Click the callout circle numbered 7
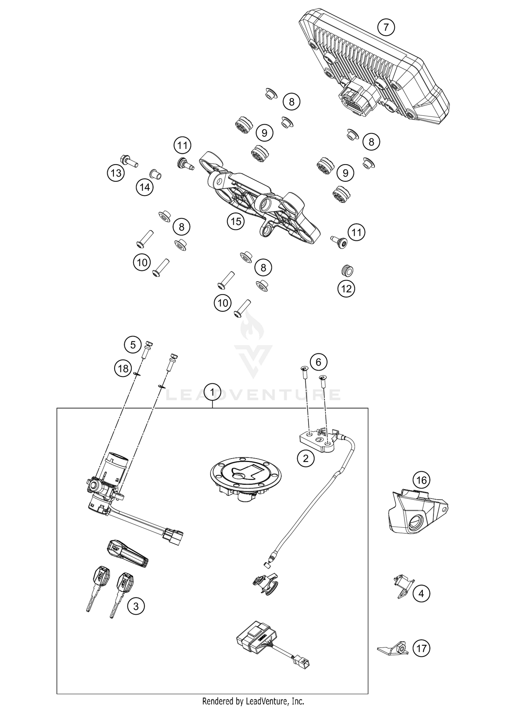(386, 27)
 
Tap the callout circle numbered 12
(346, 289)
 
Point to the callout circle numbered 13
(116, 173)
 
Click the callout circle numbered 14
(145, 187)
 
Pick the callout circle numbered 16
(421, 480)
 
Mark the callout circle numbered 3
(136, 606)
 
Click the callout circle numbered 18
(123, 368)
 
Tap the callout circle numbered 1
(212, 393)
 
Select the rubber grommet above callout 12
(346, 270)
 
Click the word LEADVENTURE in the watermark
(254, 395)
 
